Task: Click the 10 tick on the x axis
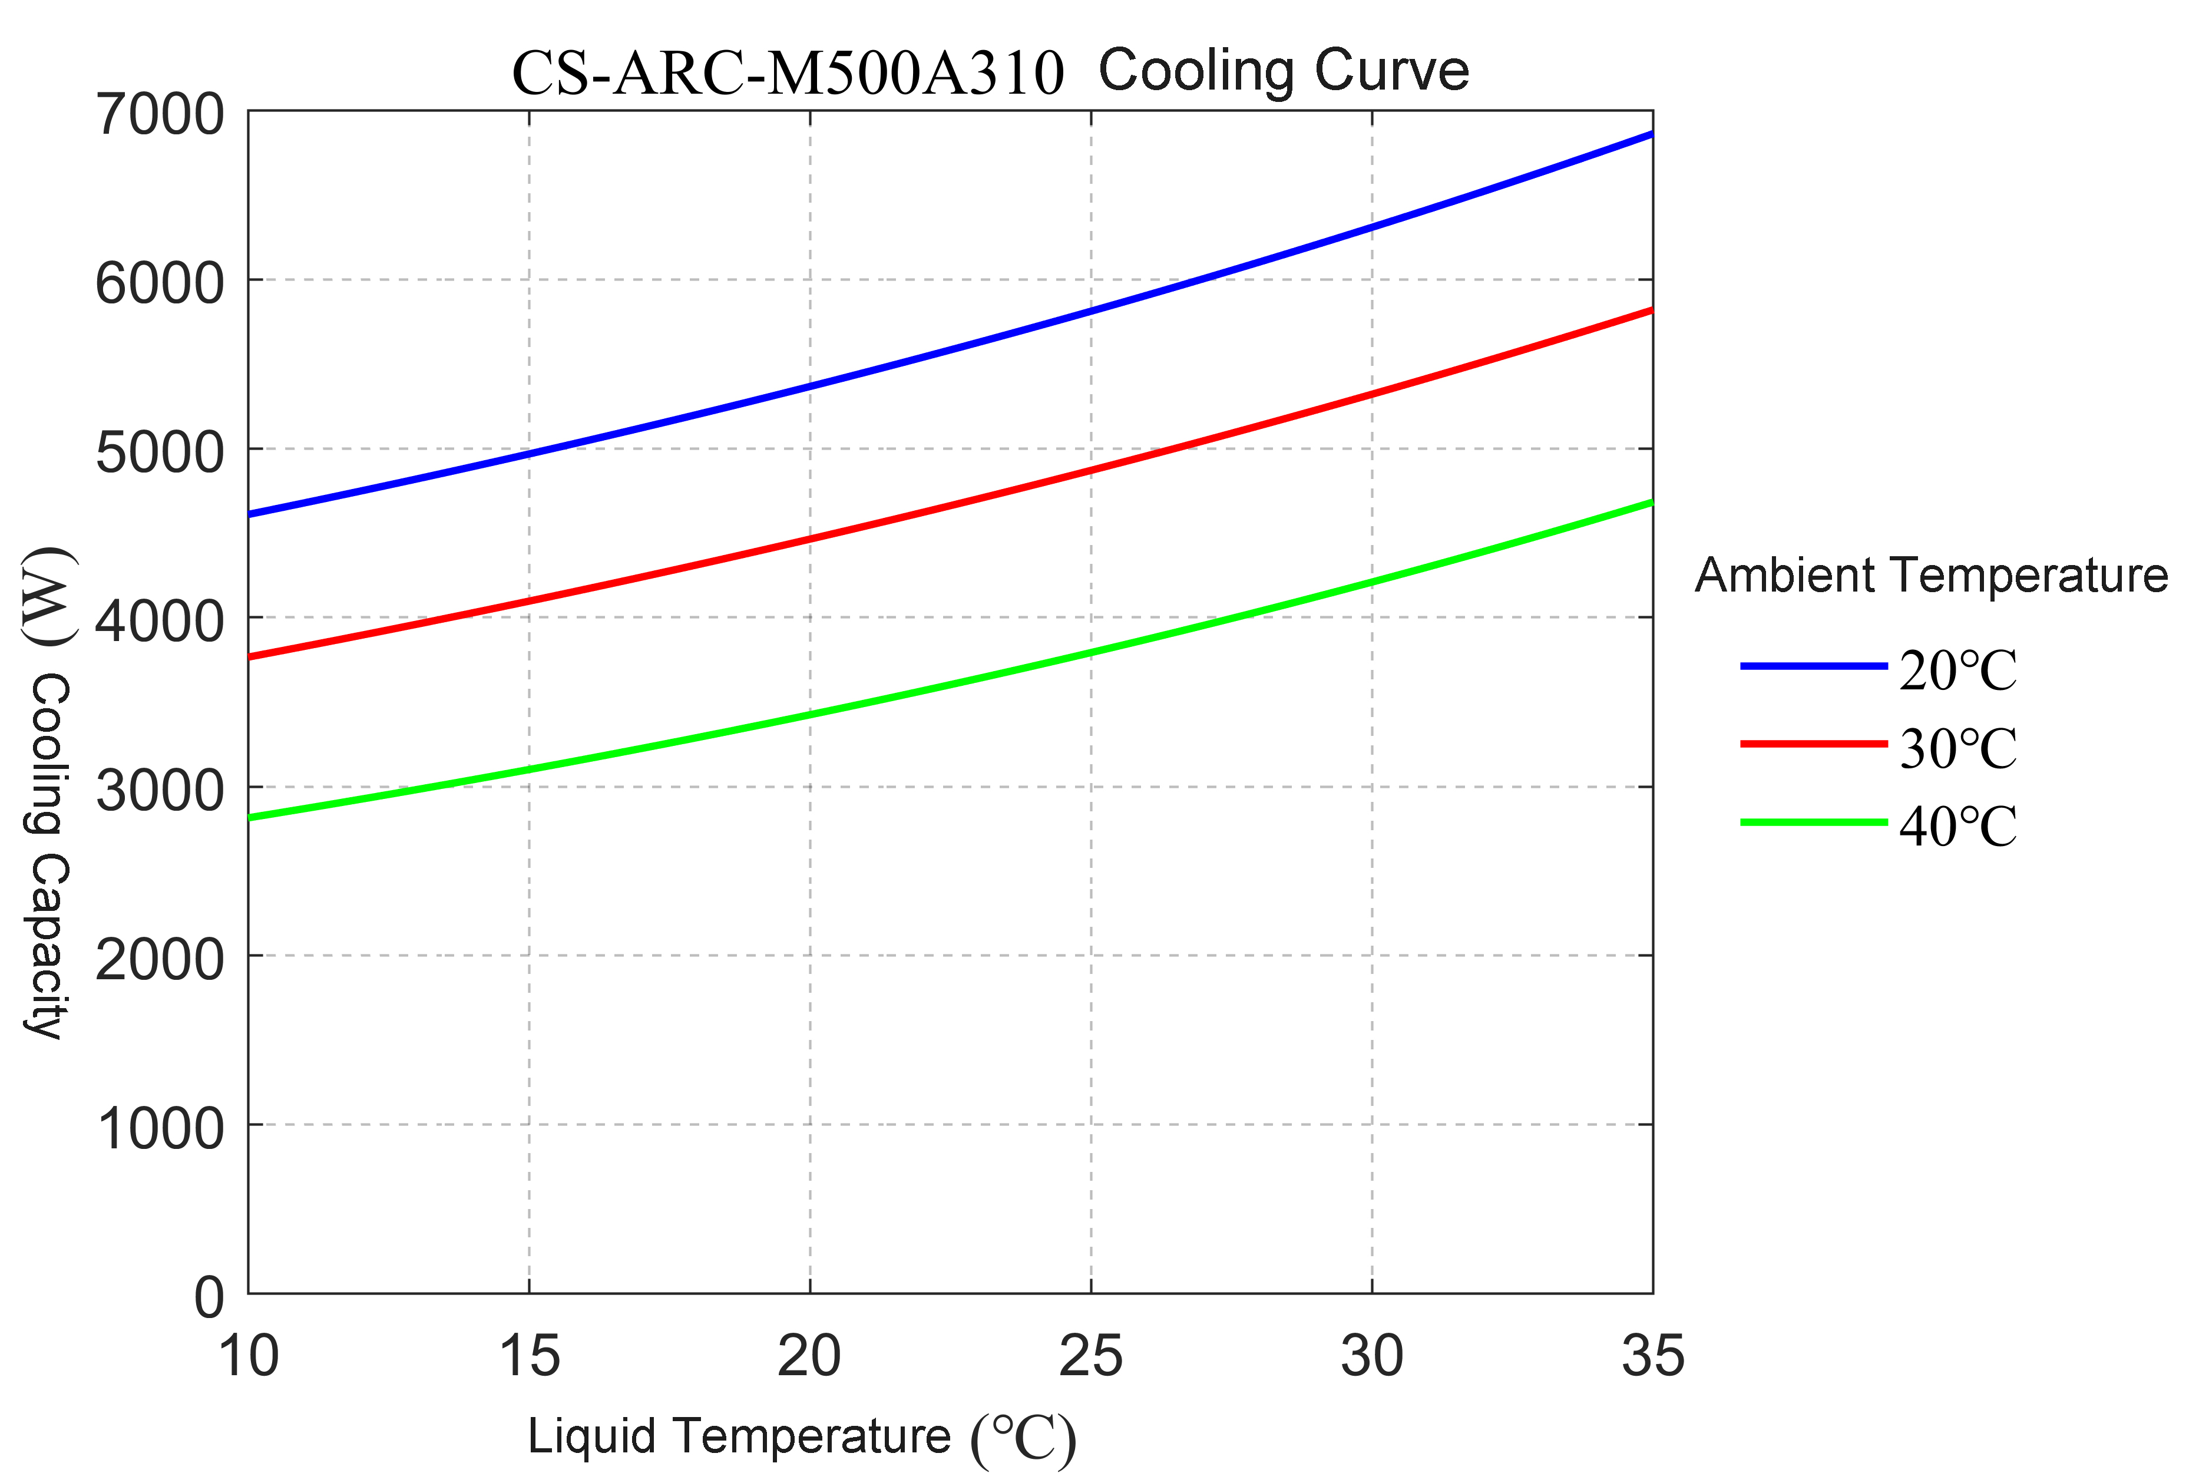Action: click(x=248, y=1356)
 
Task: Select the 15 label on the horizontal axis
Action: click(x=530, y=1356)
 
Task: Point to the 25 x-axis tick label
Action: click(x=1090, y=1356)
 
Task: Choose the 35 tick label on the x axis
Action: click(x=1653, y=1356)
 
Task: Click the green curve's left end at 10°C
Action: click(x=251, y=817)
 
